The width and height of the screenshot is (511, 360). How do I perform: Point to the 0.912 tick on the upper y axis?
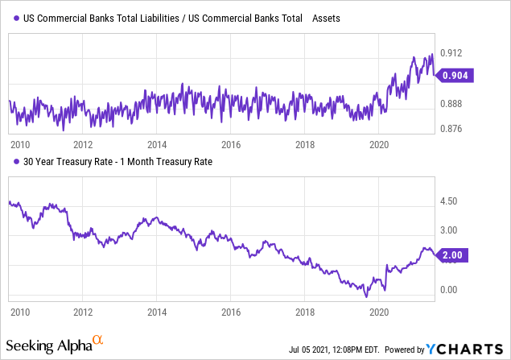(452, 53)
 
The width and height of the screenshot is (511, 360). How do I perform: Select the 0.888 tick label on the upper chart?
(452, 104)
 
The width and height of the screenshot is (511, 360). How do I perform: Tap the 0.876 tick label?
(452, 129)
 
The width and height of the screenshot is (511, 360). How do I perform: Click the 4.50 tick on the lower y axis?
(451, 201)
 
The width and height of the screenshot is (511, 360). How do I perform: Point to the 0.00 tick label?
(451, 289)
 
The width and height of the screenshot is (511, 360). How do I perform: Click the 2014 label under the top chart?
(157, 144)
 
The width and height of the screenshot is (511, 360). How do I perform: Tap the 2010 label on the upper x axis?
(19, 144)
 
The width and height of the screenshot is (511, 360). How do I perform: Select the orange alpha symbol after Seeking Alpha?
(97, 342)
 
